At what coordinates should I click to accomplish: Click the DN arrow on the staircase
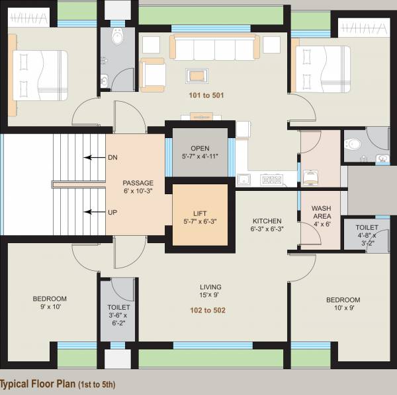click(93, 158)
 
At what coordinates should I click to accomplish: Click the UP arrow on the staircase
click(93, 212)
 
